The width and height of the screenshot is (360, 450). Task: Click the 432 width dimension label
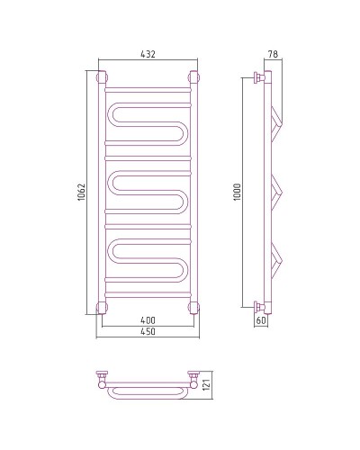point(148,54)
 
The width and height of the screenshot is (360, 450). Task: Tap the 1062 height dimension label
point(82,192)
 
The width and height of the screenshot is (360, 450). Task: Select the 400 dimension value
point(148,320)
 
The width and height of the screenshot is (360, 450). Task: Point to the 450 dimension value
point(148,331)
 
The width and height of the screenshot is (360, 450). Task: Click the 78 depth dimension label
point(273,54)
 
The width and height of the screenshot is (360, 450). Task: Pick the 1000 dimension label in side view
point(237,192)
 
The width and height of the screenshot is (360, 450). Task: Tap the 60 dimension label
point(261,320)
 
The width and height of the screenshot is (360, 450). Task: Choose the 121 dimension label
point(206,384)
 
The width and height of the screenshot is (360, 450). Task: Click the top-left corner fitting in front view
point(102,77)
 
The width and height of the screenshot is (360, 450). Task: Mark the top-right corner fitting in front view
point(194,77)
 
